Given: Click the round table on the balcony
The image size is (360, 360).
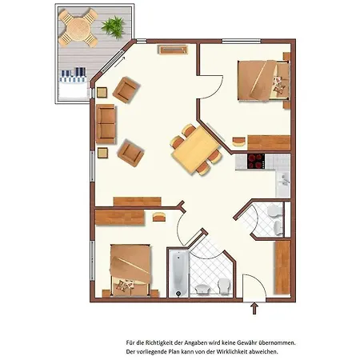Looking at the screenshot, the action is tap(78, 28).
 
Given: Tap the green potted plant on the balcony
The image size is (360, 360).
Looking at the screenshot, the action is tap(114, 27).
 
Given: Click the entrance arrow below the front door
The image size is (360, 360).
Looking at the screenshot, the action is tap(254, 308).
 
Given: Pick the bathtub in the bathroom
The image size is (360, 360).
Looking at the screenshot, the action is tap(179, 273).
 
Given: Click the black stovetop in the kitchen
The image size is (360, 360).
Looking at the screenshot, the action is tap(256, 162).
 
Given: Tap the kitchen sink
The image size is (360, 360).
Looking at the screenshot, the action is tap(283, 182).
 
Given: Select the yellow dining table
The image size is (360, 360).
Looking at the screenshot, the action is tap(196, 150).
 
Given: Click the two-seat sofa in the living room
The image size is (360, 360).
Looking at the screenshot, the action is tap(106, 124).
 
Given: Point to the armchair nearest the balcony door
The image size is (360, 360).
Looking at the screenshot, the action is tap(126, 90).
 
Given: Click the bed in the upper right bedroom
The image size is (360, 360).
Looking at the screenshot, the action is tap(263, 81).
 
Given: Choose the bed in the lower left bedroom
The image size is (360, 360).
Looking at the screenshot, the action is tap(131, 270).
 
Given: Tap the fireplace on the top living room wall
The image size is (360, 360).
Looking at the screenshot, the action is tap(173, 50).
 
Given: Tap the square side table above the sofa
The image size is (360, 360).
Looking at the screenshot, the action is tap(102, 93).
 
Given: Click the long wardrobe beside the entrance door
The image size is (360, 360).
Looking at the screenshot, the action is tap(282, 267).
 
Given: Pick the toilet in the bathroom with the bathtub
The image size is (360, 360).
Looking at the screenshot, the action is tap(224, 286).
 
